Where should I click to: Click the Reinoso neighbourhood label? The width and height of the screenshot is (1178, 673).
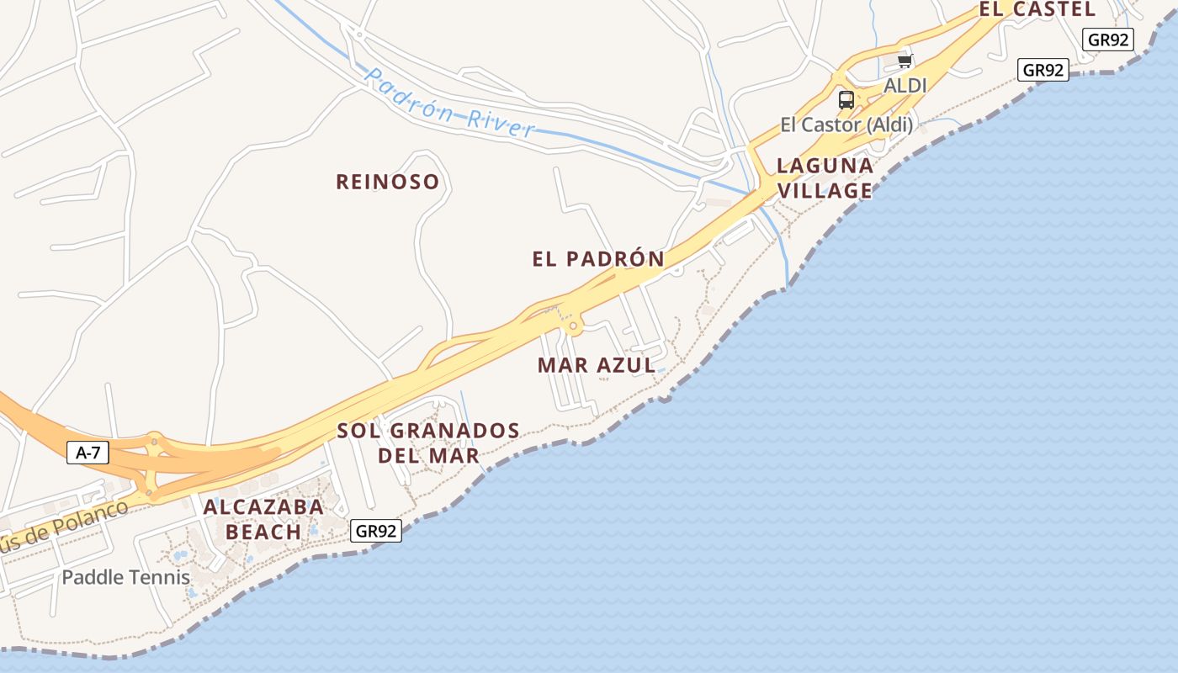387,182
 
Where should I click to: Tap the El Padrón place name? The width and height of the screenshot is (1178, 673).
597,259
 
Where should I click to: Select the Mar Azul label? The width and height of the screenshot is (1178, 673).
596,365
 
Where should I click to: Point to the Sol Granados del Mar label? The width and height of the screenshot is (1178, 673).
428,443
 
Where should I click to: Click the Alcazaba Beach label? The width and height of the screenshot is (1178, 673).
263,519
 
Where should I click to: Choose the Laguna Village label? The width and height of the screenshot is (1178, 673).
825,178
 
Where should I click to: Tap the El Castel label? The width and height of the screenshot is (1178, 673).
1037,9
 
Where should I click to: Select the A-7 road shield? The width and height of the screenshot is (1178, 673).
88,453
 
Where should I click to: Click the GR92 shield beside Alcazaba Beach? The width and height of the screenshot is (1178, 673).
375,531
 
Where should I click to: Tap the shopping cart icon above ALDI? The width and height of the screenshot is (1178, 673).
905,61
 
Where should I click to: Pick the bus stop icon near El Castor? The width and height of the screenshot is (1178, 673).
846,100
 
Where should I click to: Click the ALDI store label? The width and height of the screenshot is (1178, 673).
905,86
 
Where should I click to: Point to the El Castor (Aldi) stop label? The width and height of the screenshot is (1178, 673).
846,125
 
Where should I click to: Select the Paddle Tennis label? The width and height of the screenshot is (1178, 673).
126,577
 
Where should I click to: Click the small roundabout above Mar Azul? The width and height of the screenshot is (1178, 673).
574,325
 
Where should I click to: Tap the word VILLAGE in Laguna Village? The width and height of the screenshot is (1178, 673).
825,191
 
